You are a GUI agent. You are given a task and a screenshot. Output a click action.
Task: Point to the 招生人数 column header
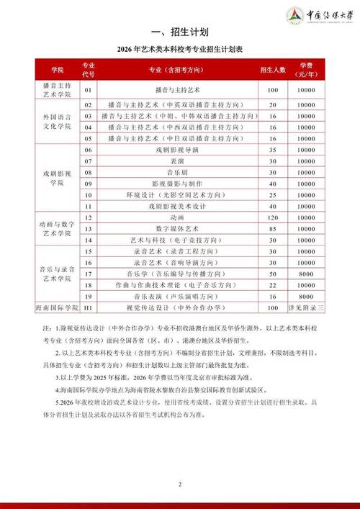tap(273, 70)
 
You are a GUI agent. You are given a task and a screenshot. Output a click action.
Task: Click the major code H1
tap(89, 307)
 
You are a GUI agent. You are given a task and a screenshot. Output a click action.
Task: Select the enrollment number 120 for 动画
tap(273, 217)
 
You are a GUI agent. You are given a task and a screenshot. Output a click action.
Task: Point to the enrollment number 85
tap(273, 228)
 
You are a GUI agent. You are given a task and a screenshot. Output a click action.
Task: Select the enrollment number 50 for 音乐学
tap(273, 274)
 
